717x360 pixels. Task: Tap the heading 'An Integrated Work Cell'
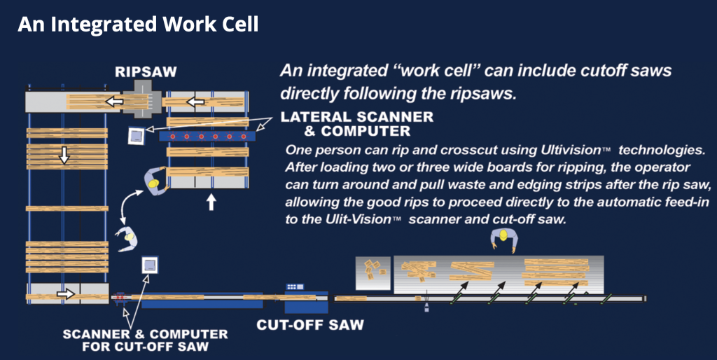[x=139, y=25]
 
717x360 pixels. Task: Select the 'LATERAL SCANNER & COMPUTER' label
[x=357, y=123]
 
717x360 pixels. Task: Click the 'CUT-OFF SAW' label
[x=309, y=325]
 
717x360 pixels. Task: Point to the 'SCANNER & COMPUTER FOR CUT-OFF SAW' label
[x=145, y=340]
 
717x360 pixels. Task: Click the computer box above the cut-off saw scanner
[x=150, y=266]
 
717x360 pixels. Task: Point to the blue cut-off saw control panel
[x=295, y=288]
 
